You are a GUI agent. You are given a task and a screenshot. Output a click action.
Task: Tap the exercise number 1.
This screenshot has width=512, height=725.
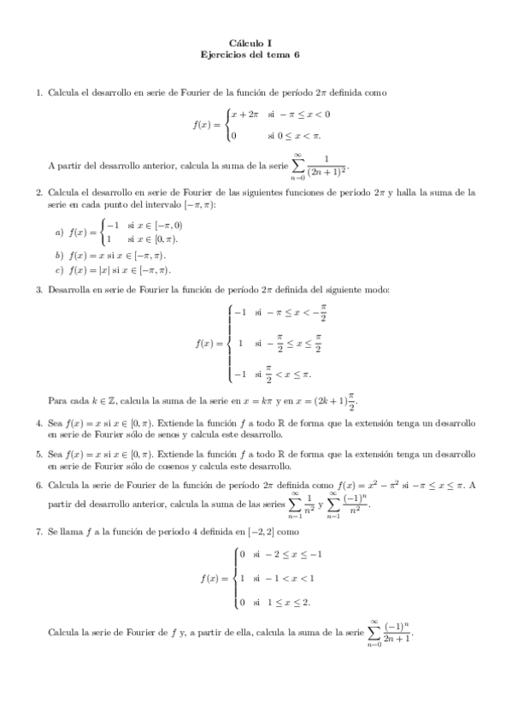(x=38, y=91)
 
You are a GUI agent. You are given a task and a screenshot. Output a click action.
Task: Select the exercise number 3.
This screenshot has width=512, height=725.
(x=38, y=290)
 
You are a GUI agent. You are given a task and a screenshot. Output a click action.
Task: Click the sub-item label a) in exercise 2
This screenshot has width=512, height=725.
(x=59, y=232)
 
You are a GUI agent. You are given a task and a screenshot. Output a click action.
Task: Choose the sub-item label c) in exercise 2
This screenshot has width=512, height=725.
(x=59, y=271)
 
